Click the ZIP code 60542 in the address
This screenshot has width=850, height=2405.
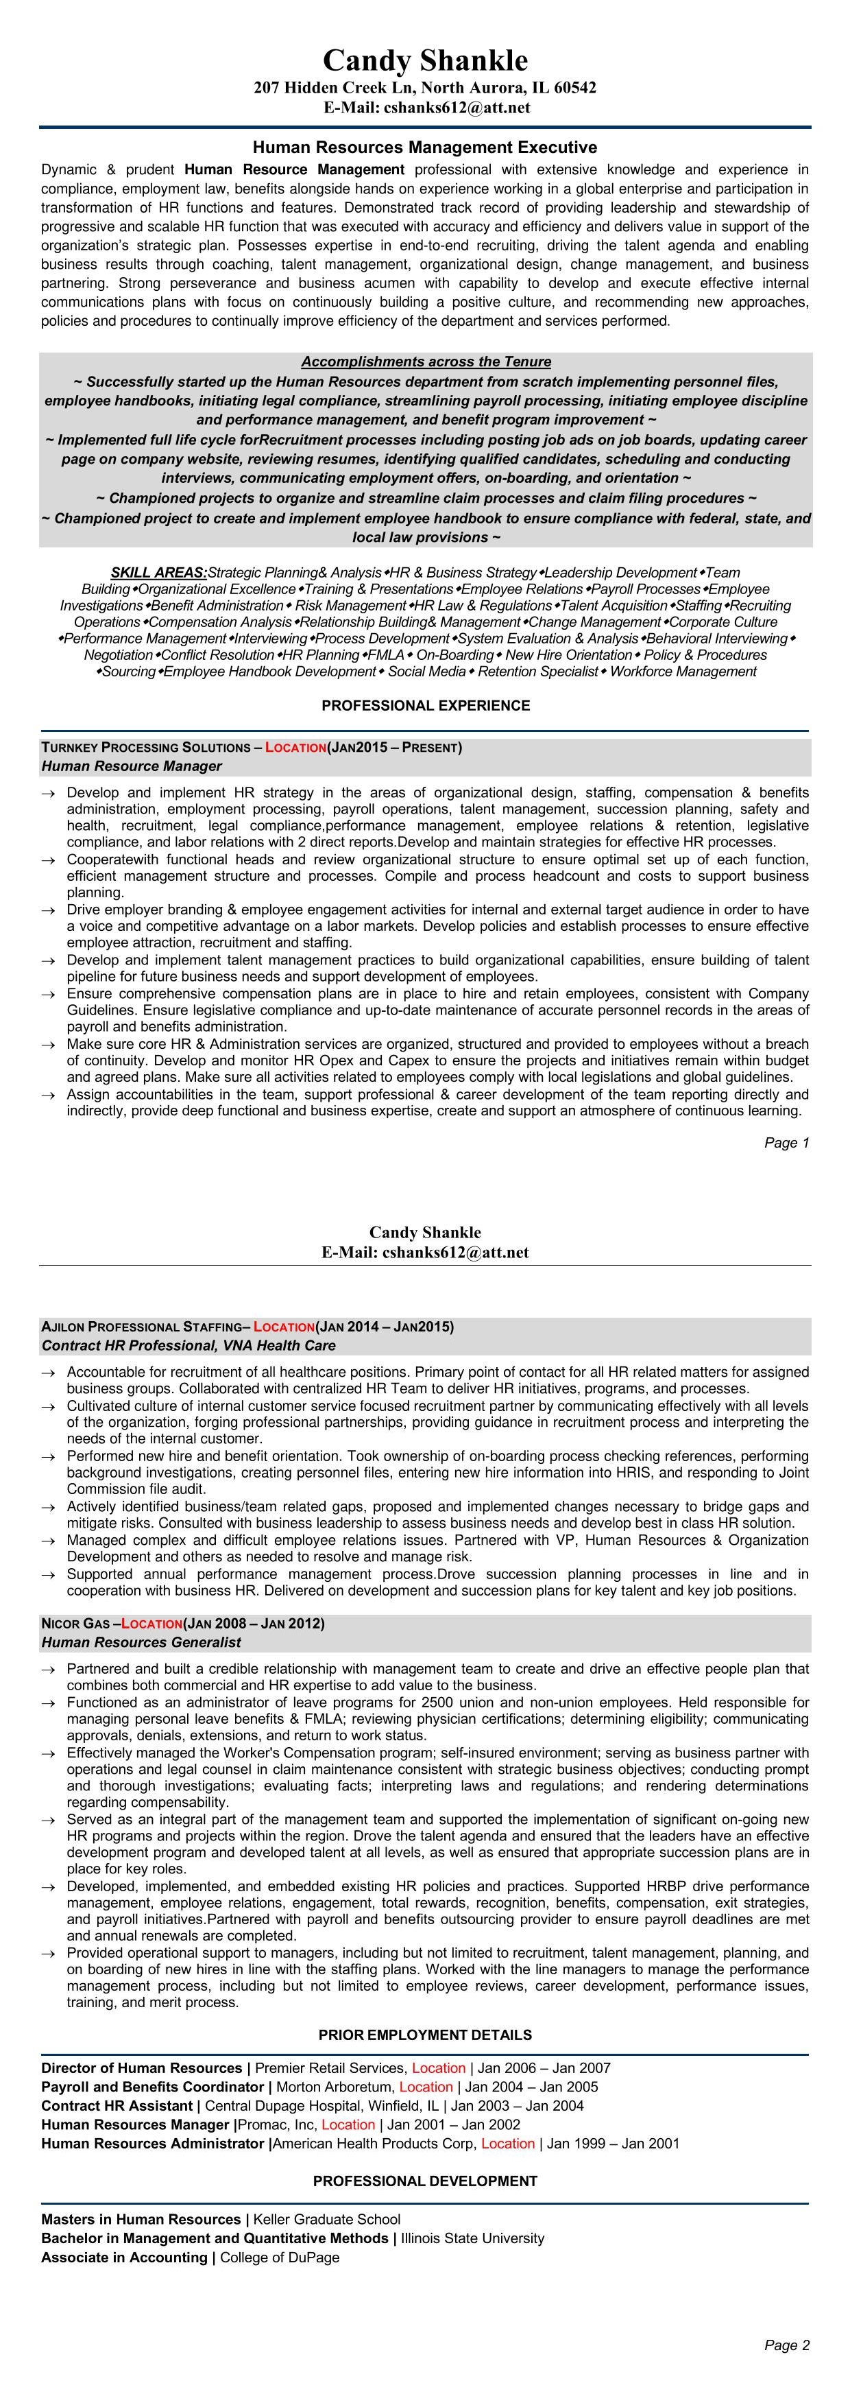tap(574, 88)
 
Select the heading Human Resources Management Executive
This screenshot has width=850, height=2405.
tap(424, 147)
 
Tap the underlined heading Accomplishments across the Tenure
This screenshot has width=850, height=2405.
tap(426, 362)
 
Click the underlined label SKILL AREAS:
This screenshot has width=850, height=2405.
tap(158, 572)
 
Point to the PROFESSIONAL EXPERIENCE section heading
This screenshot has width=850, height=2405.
tap(426, 706)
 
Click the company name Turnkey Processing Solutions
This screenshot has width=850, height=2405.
tap(145, 748)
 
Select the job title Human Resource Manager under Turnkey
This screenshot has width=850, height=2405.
tap(132, 766)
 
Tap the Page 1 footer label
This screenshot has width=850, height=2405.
tap(786, 1143)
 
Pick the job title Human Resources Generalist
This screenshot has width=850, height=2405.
tap(141, 1642)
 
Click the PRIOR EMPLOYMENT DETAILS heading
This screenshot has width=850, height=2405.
tap(426, 2035)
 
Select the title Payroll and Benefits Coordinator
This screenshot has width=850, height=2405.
tap(152, 2087)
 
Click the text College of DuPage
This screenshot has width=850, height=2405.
tap(280, 2257)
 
